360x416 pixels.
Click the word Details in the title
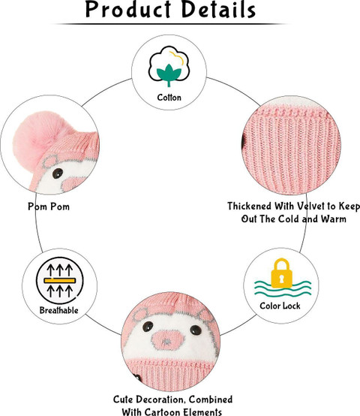pos(219,10)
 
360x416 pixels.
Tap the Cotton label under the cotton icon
pos(169,98)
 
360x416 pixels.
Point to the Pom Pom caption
pos(49,206)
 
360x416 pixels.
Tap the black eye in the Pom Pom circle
pos(58,173)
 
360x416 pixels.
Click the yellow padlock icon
pos(281,273)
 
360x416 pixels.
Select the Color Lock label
pos(280,306)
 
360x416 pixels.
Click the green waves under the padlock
pos(283,289)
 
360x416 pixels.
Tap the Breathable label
pos(58,310)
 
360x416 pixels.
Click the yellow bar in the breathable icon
pos(60,280)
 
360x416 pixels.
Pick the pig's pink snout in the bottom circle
pos(168,340)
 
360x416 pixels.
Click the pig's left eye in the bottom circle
pos(148,327)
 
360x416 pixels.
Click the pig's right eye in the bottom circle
pos(196,330)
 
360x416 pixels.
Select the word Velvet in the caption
pos(312,206)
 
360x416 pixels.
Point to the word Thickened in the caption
pos(250,206)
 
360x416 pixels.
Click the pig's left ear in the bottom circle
pos(140,315)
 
